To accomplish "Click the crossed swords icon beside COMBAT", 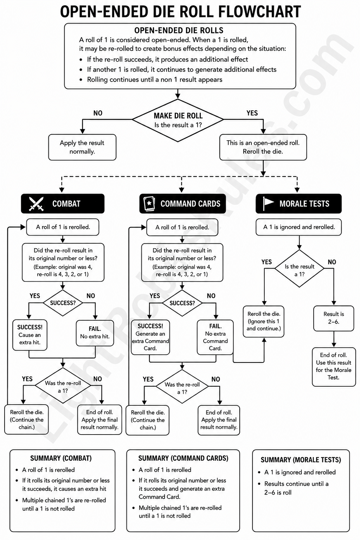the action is (36, 204).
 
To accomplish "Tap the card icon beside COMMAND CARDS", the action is (149, 204).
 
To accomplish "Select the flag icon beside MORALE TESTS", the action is (268, 204).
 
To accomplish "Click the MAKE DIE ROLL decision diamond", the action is (178, 120).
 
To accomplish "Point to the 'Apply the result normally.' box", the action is (82, 147).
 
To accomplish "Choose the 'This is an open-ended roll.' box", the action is (263, 147).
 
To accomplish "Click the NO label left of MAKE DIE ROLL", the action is (98, 113).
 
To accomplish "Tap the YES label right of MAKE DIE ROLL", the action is (252, 113).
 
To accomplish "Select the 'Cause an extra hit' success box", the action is (30, 335).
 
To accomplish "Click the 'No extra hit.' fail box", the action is (95, 333).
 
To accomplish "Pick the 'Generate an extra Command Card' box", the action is (150, 337).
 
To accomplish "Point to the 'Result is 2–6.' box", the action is (334, 318).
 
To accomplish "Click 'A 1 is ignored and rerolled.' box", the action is (299, 227).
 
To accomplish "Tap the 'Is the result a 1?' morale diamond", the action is (299, 269).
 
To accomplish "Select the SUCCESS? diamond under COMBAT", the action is (63, 303).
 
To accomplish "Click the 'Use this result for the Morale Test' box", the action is (334, 367).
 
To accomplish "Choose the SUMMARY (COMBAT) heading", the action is (61, 458).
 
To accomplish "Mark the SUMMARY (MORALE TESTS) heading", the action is (301, 460).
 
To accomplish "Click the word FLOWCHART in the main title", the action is (254, 12).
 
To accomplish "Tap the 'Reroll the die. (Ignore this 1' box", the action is (264, 321).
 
